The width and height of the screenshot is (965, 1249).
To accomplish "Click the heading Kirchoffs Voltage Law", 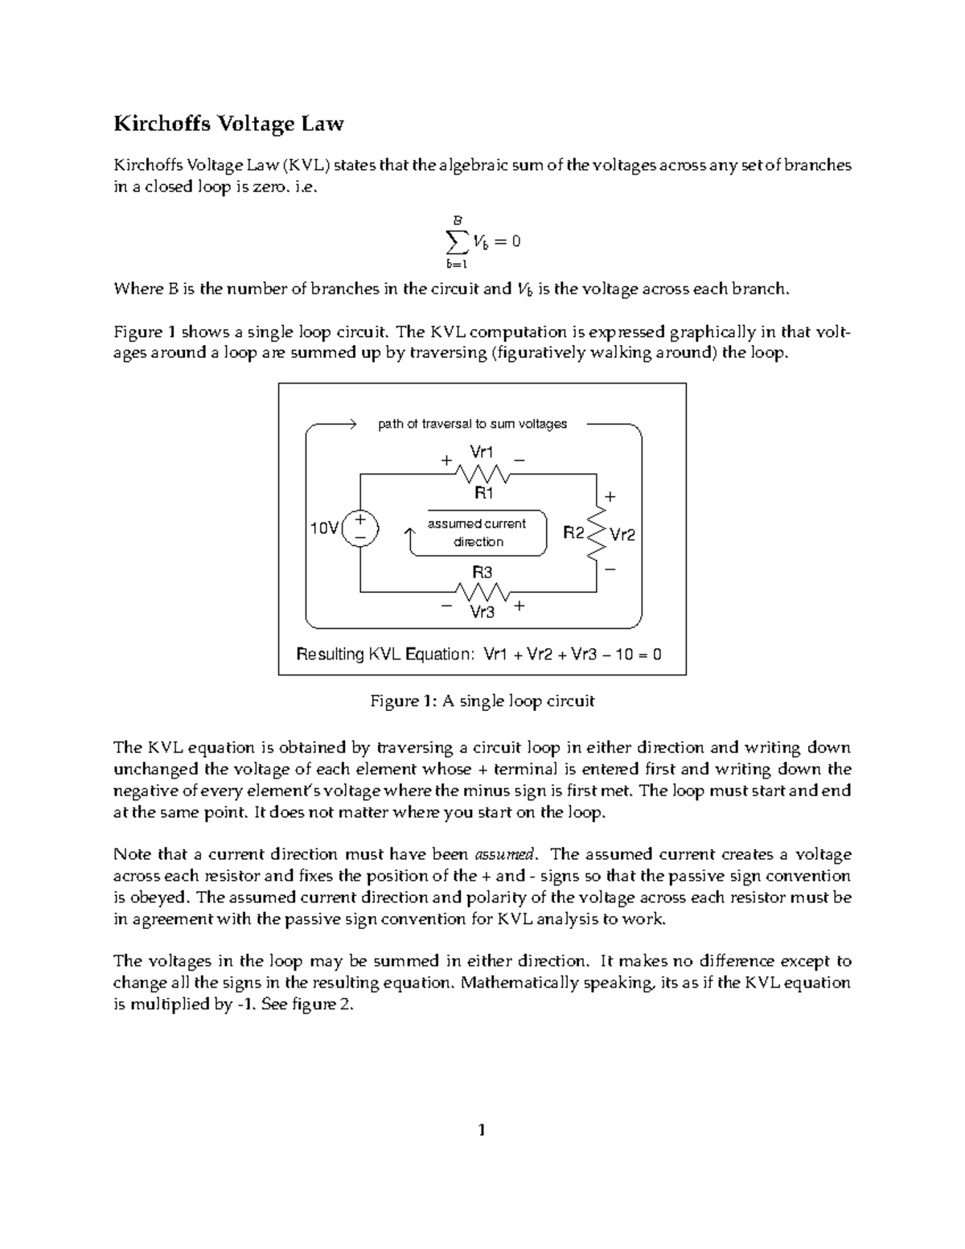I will (228, 124).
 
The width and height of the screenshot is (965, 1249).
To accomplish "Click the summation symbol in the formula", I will (456, 240).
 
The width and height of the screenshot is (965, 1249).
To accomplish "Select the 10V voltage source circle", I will (360, 528).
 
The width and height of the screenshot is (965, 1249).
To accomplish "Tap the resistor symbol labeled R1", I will (482, 474).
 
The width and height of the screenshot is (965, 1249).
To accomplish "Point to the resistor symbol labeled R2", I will (596, 532).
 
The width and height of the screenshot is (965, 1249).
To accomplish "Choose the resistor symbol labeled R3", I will (482, 593).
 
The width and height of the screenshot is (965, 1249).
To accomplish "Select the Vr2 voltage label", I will (622, 534).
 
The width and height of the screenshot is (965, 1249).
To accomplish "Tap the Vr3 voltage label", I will (482, 613).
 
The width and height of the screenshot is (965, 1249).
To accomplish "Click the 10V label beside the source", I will (325, 528).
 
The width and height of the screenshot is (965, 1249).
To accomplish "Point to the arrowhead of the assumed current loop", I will (411, 532).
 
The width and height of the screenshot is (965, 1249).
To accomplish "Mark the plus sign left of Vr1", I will (446, 462).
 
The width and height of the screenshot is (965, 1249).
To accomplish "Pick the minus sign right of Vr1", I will (519, 461).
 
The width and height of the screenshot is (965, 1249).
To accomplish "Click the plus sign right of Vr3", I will (519, 606).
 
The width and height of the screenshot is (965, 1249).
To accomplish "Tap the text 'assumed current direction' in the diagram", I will (478, 532).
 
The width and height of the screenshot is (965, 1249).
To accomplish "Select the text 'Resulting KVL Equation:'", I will (385, 654).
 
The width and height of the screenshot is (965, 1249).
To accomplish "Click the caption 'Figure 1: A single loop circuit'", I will (482, 701).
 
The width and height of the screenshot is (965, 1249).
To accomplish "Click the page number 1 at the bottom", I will (482, 1131).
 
